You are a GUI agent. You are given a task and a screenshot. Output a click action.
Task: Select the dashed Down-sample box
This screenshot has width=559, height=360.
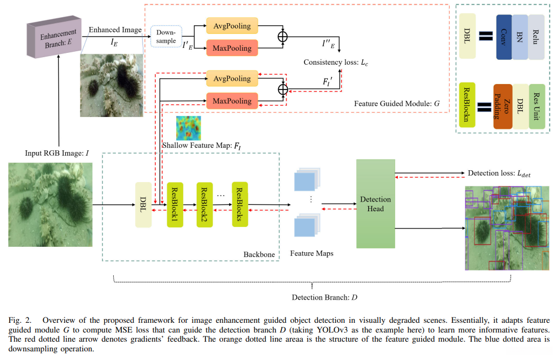point(166,37)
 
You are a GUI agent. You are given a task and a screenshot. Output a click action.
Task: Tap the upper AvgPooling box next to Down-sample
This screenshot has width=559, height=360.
point(232,25)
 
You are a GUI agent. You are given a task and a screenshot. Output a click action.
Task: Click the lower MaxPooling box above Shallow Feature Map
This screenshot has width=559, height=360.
point(232,101)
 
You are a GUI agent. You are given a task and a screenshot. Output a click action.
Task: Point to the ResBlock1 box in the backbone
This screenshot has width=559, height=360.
point(175,204)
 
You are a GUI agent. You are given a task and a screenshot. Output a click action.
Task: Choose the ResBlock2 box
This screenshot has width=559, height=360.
point(205,204)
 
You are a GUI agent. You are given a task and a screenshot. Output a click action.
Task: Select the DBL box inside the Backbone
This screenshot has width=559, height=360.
point(143,204)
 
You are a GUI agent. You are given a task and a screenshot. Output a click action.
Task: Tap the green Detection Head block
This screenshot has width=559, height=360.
point(376,204)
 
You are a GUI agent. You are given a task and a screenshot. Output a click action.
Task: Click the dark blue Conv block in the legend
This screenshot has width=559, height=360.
point(503,37)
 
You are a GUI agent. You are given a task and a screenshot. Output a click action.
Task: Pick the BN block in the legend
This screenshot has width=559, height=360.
point(520,37)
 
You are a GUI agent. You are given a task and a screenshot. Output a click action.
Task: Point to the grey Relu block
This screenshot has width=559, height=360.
point(536,37)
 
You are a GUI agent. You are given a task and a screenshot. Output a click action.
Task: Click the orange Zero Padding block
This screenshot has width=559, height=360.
point(502,106)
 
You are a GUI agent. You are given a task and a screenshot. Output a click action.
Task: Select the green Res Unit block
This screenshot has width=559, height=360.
point(537,106)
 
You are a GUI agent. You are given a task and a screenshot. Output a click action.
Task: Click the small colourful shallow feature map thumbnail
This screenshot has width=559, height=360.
point(188,128)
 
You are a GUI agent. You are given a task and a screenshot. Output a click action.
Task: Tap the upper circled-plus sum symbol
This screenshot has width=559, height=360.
point(282,37)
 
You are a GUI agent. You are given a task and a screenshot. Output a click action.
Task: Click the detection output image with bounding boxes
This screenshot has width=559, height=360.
point(507,227)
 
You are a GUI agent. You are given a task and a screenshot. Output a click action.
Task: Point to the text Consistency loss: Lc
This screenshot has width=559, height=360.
point(336,63)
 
